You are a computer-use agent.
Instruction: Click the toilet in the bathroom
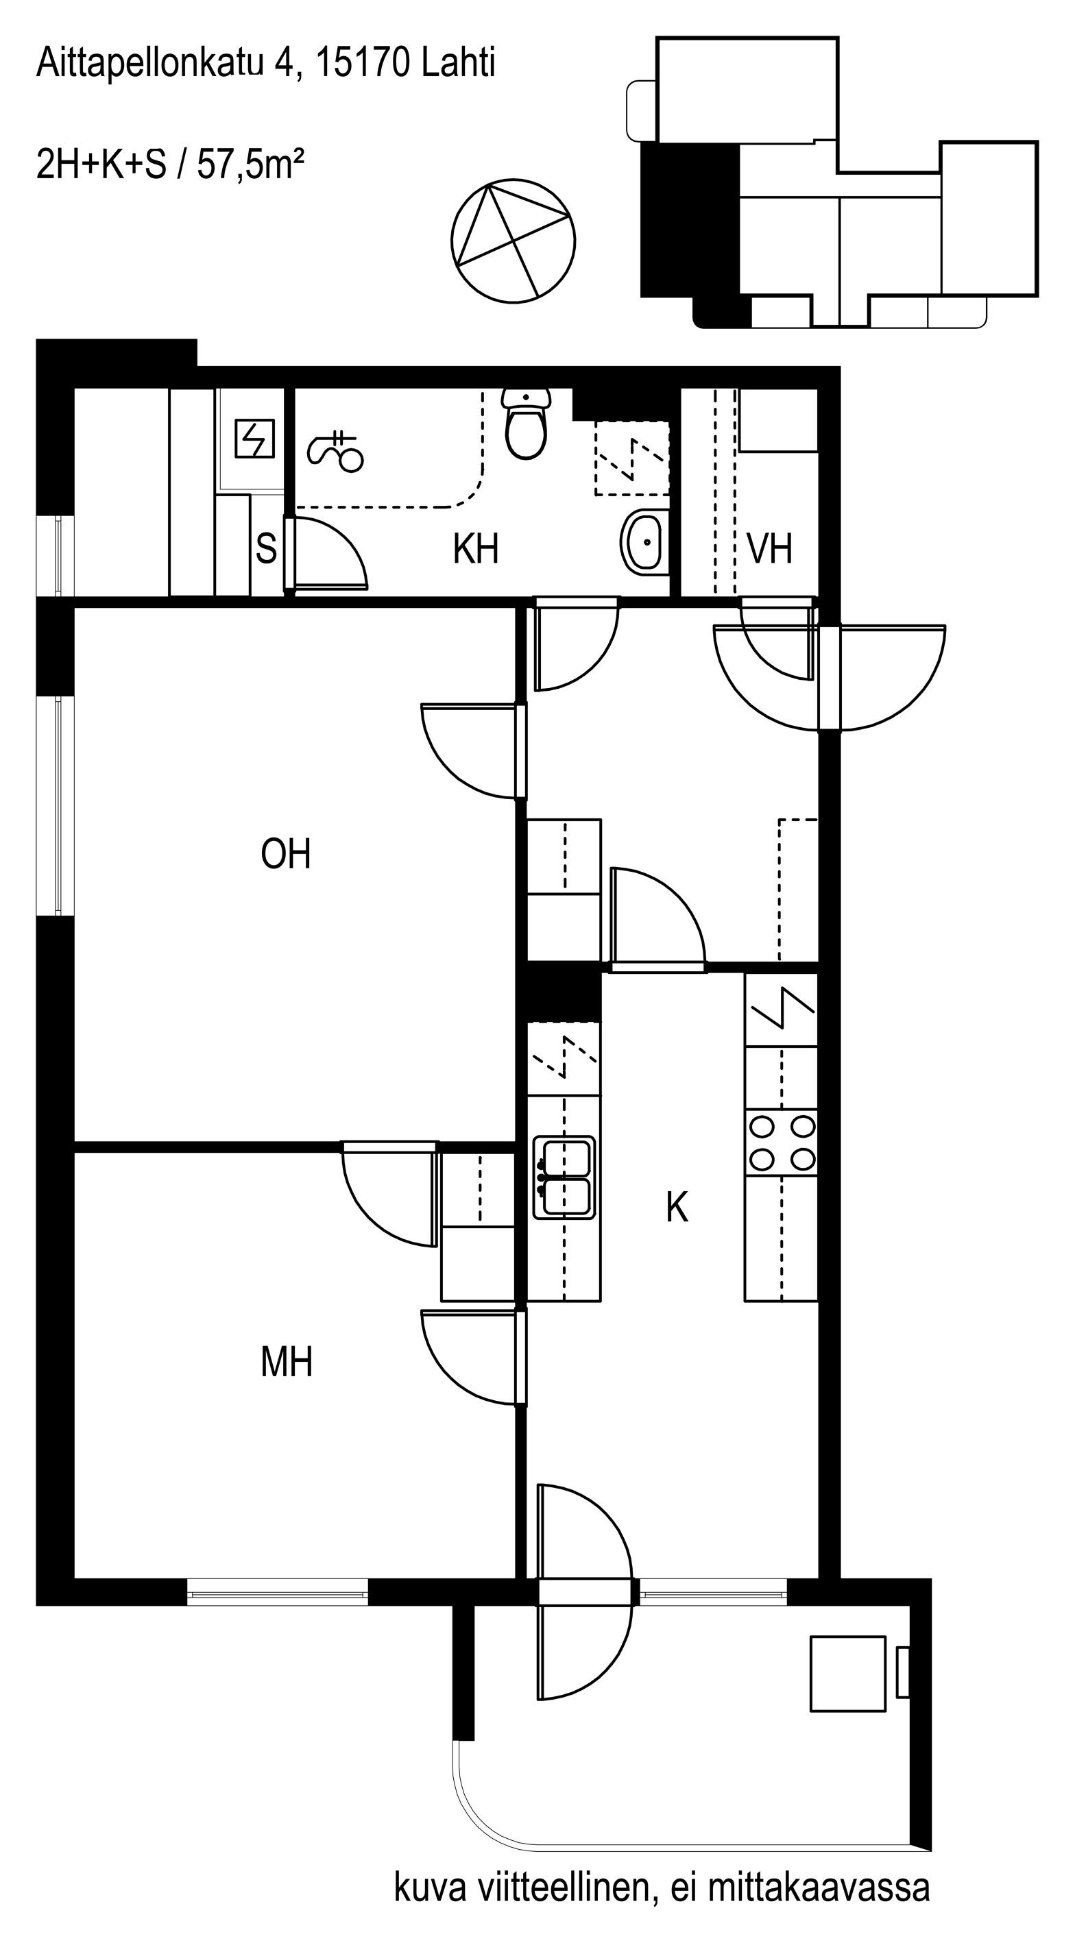[526, 424]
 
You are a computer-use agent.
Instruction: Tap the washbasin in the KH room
[645, 541]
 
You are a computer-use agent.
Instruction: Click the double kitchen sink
[564, 1177]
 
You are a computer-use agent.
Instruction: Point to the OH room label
[286, 854]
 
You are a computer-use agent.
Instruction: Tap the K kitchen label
[677, 1208]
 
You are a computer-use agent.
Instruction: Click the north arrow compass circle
[513, 241]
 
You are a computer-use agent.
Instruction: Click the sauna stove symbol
[255, 438]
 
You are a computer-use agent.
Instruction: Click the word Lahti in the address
[459, 62]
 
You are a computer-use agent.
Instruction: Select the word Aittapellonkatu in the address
[150, 63]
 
